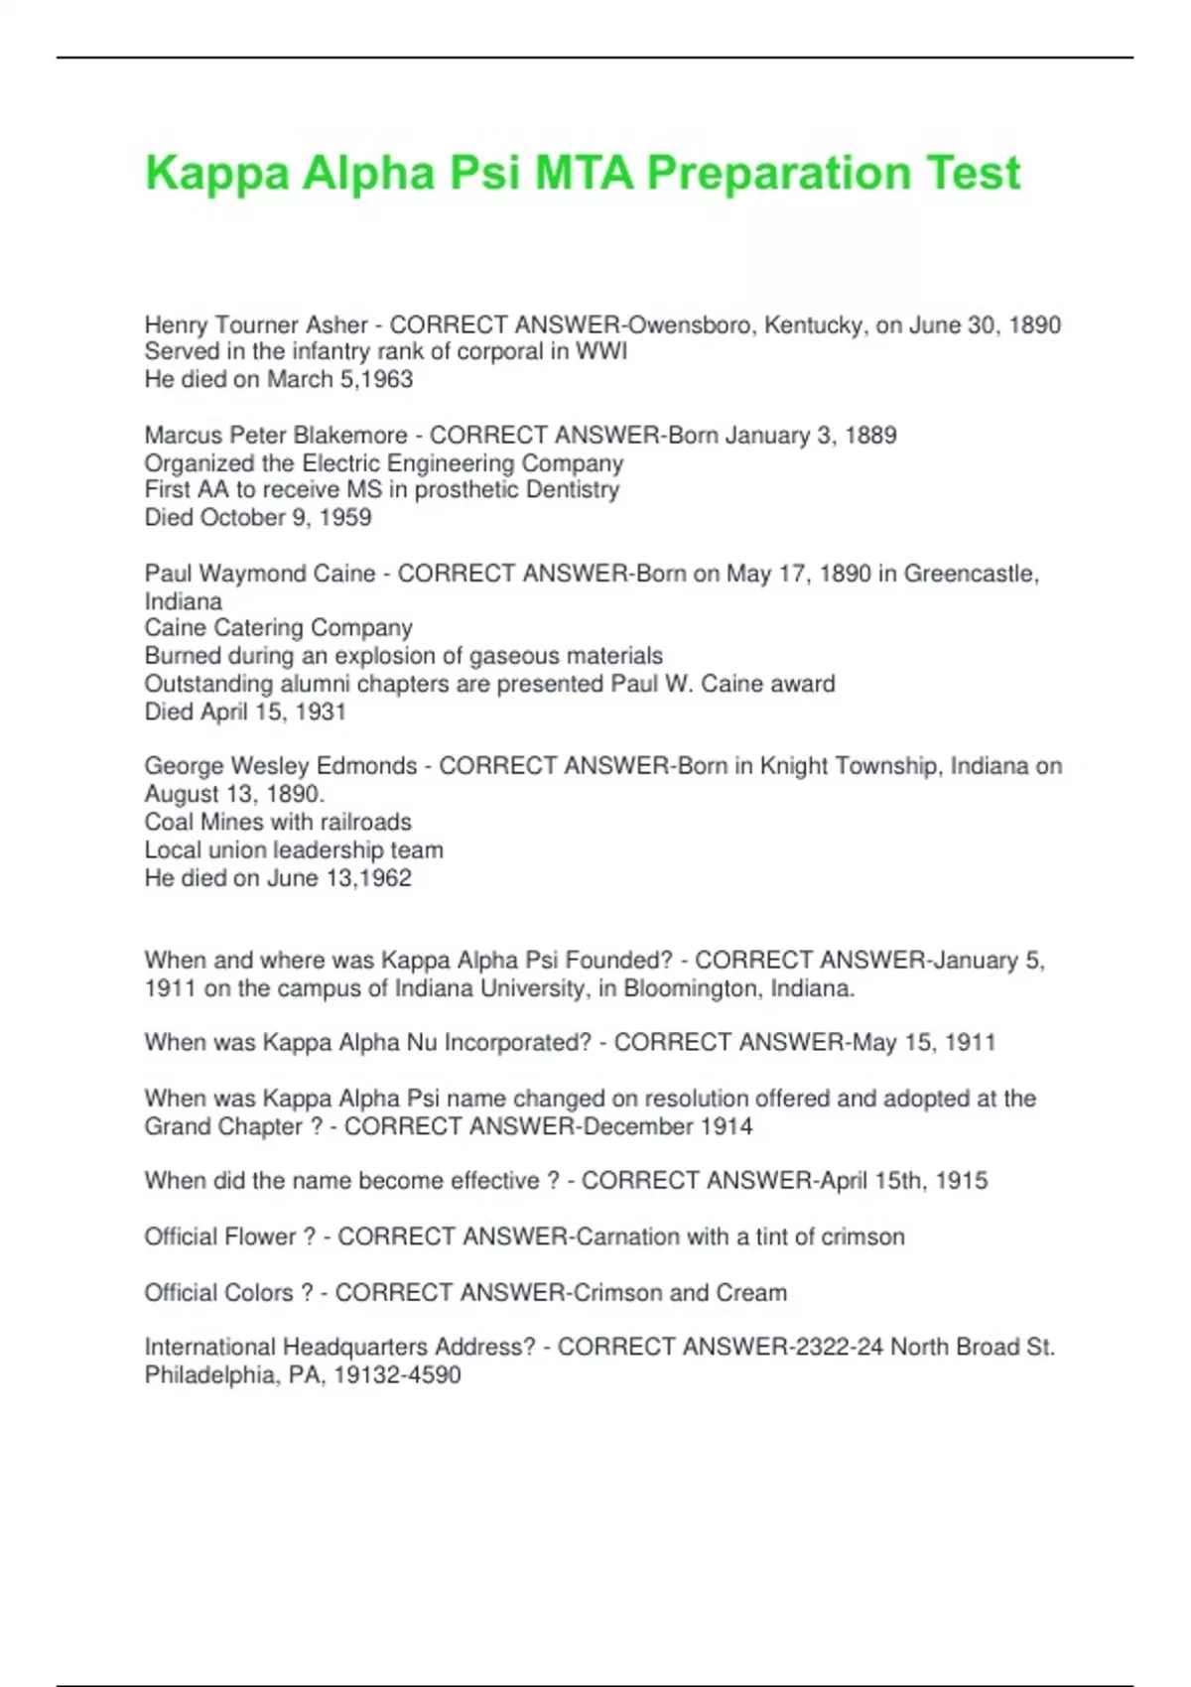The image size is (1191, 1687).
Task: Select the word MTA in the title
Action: [x=584, y=174]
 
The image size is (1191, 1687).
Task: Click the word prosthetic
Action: [x=469, y=490]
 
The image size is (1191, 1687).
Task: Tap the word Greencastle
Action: [x=971, y=574]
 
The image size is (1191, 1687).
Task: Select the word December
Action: [x=638, y=1127]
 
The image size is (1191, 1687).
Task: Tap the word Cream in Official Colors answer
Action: [x=751, y=1293]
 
